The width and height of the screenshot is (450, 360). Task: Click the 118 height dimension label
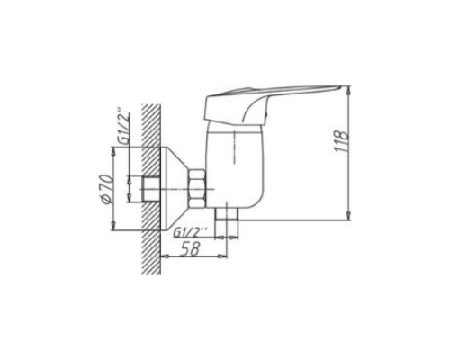coord(342,141)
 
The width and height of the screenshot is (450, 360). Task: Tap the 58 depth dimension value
coord(190,248)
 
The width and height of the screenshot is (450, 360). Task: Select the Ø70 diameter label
coord(107,189)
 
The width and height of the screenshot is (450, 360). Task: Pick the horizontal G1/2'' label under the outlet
coord(191,232)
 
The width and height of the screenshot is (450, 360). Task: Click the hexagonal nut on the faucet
coord(197,189)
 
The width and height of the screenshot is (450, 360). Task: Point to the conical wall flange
coord(175,189)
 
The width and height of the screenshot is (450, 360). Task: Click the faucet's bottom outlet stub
coord(228,214)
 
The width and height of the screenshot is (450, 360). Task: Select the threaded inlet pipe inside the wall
coord(150,189)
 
